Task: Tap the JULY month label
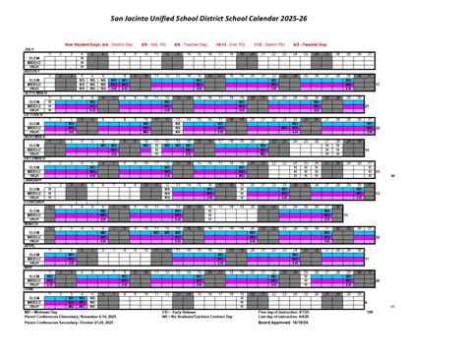click(16, 47)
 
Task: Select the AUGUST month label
click(19, 71)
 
